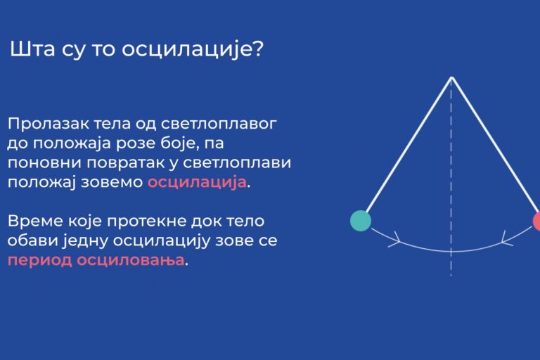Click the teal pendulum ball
(361, 221)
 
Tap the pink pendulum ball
(536, 221)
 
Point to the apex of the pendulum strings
(451, 78)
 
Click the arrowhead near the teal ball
(396, 239)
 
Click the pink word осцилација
(197, 182)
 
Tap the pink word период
(39, 260)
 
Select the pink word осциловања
(131, 260)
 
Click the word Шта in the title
(32, 49)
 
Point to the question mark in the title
(257, 49)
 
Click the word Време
(34, 221)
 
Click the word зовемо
(112, 183)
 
